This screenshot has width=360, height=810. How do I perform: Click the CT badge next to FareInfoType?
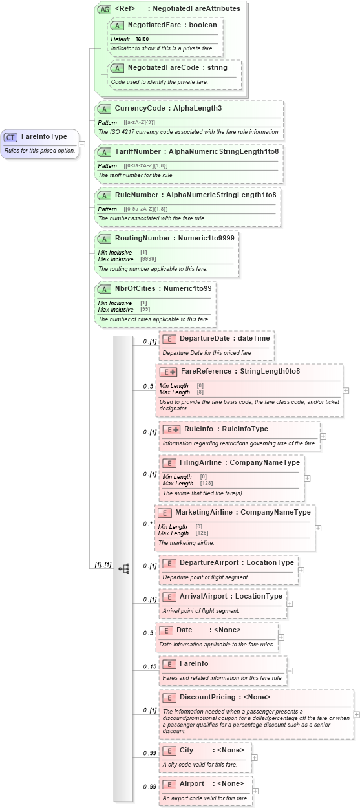[x=10, y=137]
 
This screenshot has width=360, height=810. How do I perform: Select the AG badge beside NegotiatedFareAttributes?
[x=103, y=9]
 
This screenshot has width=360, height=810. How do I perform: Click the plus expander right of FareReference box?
[x=346, y=390]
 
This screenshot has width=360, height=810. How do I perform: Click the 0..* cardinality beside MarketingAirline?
[x=148, y=524]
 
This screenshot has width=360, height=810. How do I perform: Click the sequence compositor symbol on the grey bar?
[x=123, y=568]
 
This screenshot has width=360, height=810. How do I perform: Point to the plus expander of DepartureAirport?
[x=301, y=570]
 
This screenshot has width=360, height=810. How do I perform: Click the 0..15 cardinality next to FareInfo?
[x=149, y=666]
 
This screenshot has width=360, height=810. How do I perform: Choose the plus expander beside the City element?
[x=254, y=758]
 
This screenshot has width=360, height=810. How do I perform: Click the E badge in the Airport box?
[x=169, y=784]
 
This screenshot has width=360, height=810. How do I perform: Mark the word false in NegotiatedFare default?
[x=142, y=39]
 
